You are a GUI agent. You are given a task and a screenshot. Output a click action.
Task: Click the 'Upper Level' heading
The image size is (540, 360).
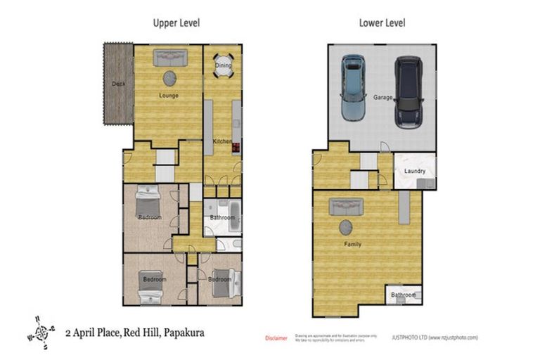click(x=176, y=22)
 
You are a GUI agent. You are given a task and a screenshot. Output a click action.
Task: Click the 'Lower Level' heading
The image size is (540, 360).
click(x=382, y=22)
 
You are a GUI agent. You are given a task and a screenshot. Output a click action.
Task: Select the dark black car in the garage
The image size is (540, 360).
click(x=407, y=91)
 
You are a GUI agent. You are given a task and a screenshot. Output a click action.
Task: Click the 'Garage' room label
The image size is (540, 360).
click(x=382, y=98)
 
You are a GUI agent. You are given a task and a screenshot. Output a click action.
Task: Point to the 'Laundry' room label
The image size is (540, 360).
click(x=414, y=171)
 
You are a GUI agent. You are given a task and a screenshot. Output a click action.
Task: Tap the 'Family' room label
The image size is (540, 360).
click(x=352, y=245)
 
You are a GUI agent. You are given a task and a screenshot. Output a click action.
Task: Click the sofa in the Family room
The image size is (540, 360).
click(x=346, y=206)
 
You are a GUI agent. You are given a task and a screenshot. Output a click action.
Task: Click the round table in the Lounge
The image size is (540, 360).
click(x=170, y=78)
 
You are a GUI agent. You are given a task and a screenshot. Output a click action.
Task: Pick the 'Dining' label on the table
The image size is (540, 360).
click(x=223, y=65)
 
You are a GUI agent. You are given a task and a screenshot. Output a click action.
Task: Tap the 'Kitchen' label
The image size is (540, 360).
click(x=222, y=141)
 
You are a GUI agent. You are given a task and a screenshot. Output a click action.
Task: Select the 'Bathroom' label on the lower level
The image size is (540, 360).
click(x=404, y=295)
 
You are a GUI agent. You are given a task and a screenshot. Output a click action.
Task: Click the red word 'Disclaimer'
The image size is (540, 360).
click(x=276, y=338)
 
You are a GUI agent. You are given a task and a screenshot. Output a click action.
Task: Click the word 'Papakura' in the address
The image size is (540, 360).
click(x=184, y=332)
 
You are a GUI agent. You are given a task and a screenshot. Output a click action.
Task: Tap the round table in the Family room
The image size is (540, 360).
click(x=346, y=227)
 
